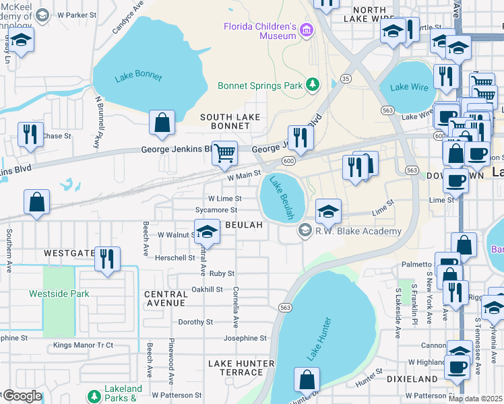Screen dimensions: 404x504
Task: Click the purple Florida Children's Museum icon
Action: pos(307,30)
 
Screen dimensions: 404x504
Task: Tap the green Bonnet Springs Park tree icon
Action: pos(312,84)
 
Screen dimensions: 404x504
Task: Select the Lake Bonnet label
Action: pos(138,76)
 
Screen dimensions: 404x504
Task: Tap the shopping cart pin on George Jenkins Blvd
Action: pos(225,153)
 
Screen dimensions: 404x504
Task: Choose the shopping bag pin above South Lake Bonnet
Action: pos(162,123)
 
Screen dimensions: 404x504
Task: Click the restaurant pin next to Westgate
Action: pos(107,259)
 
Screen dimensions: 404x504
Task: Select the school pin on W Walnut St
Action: pos(208,232)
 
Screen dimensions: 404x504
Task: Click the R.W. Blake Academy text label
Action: pos(358,231)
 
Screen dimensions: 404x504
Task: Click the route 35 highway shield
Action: pos(346,78)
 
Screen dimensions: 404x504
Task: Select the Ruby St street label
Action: pos(222,273)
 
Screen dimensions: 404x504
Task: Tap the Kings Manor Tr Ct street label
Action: pos(84,345)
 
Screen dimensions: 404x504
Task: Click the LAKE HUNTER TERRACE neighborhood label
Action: pos(241,368)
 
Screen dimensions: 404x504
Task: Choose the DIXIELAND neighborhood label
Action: pos(413,379)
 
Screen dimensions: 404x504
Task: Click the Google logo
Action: pos(22,396)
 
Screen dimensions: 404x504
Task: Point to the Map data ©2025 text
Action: pos(475,399)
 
